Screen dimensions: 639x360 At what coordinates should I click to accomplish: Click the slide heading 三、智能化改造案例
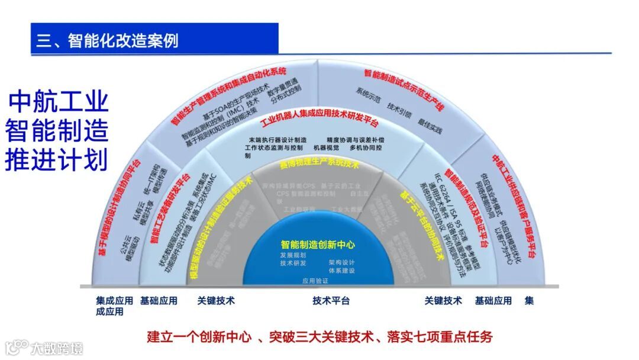click(108, 41)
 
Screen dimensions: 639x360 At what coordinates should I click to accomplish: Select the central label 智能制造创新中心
click(318, 244)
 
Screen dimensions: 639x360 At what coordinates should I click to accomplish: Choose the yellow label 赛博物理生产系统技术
click(319, 163)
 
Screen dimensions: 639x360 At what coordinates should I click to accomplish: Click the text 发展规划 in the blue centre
click(293, 255)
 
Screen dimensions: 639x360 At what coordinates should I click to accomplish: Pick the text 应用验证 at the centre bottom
click(315, 281)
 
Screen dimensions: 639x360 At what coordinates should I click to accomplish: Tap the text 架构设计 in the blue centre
click(342, 262)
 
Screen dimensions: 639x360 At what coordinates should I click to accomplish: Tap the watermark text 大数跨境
click(57, 348)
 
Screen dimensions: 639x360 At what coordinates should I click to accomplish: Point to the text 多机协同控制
click(366, 147)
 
